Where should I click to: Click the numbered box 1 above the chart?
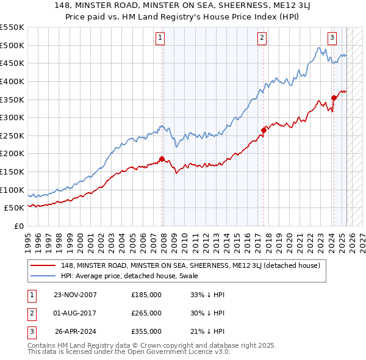point(160,38)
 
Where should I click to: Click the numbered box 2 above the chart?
point(262,38)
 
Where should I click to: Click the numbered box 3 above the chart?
point(332,38)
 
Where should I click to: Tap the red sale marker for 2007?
point(162,159)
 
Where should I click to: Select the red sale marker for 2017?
point(264,129)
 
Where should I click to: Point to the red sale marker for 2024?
point(334,97)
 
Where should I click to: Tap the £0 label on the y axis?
point(19,226)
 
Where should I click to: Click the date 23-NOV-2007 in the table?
point(76,295)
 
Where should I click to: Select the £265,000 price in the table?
point(146,313)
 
